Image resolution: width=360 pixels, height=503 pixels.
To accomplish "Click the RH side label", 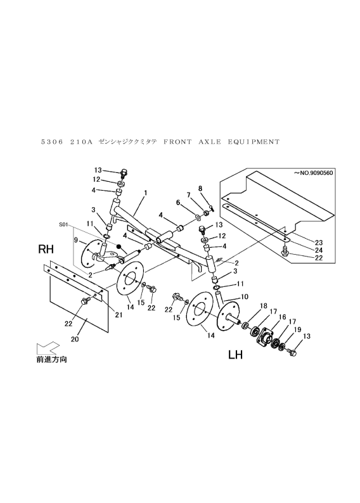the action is [x=46, y=249].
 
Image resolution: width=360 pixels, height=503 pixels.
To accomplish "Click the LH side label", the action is [x=235, y=355].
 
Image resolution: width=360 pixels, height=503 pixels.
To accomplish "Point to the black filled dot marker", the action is [x=119, y=247].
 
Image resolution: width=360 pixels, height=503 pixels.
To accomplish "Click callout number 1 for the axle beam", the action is [x=145, y=193].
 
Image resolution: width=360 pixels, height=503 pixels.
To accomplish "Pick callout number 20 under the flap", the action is [x=75, y=339].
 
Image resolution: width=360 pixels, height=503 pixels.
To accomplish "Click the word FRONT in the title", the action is [x=177, y=142].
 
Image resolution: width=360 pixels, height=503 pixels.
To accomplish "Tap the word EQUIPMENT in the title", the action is [x=254, y=142].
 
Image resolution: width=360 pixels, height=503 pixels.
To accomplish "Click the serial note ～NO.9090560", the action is [x=313, y=173].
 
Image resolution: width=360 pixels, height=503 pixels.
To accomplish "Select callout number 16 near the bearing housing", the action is [x=282, y=317].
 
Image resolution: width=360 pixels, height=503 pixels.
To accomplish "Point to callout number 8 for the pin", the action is [x=200, y=189].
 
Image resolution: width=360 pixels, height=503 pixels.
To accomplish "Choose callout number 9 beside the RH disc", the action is [x=75, y=239].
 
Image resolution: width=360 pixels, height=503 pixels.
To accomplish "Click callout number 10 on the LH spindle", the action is [x=244, y=297].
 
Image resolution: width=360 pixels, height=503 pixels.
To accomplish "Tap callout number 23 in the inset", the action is [x=319, y=243].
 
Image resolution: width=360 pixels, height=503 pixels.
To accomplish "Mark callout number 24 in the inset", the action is [x=319, y=250].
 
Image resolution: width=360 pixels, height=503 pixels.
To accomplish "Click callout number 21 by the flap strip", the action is [x=119, y=315].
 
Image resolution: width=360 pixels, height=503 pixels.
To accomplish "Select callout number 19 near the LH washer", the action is [x=297, y=329].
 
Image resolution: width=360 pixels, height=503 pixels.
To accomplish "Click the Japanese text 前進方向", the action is [x=51, y=360].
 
